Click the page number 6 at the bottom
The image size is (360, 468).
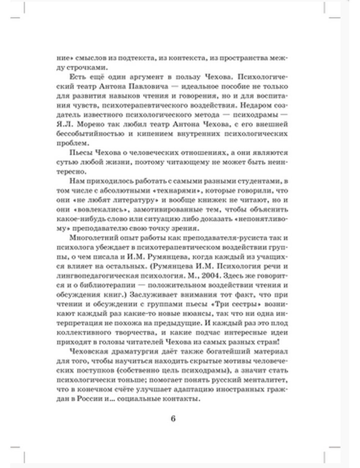[173, 419]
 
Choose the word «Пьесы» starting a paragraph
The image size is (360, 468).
[81, 153]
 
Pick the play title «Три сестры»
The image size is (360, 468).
[244, 303]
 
